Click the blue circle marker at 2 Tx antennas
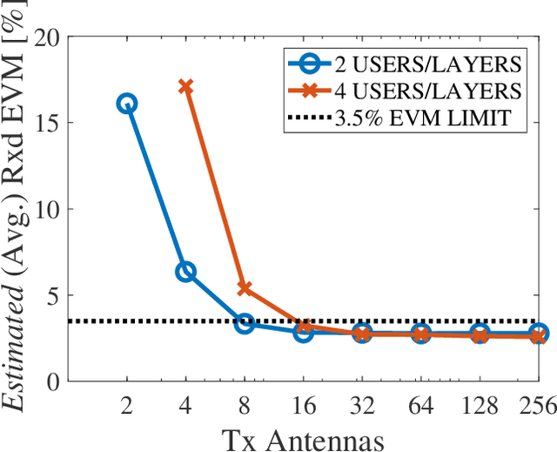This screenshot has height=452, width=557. pos(126,104)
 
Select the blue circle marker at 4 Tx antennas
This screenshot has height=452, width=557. pos(185,272)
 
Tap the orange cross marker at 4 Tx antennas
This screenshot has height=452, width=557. pos(185,86)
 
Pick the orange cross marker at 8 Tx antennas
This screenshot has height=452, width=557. pos(245,288)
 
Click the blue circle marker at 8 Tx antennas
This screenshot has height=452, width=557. pos(245,323)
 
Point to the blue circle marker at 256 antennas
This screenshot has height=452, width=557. pos(539,334)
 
